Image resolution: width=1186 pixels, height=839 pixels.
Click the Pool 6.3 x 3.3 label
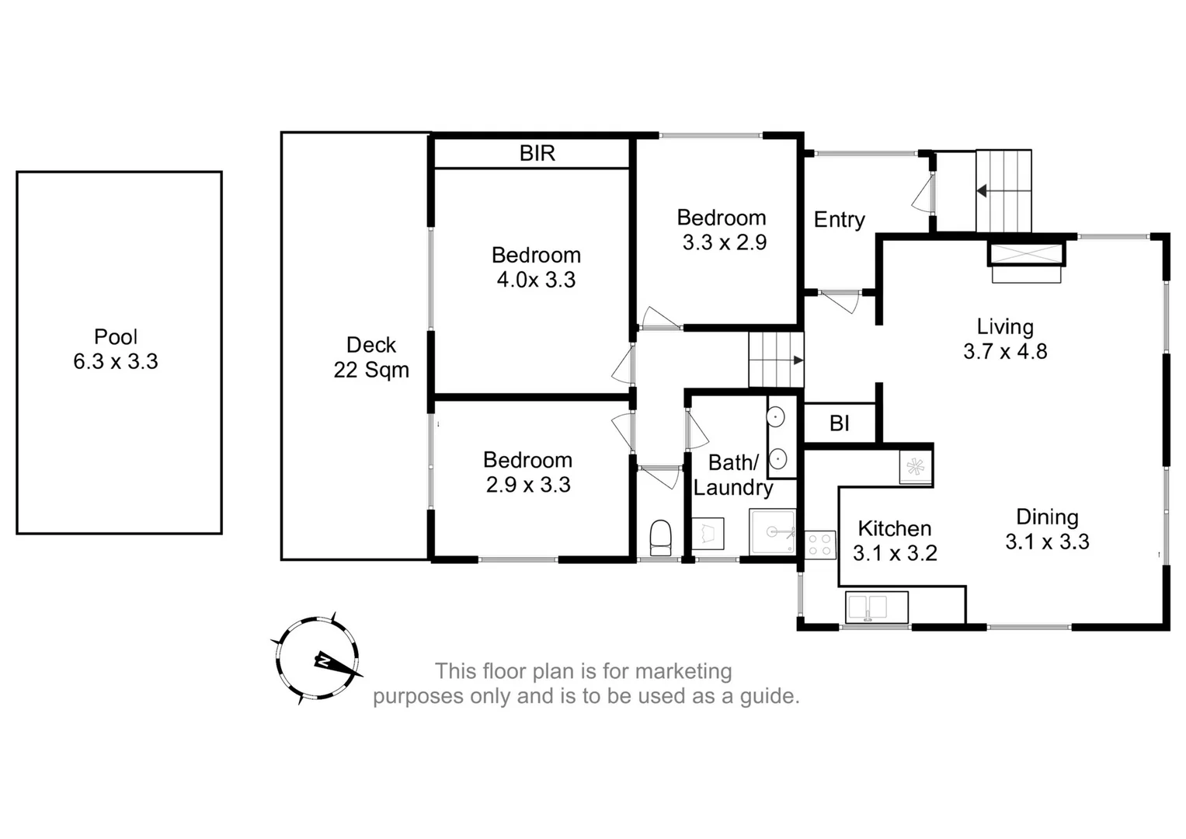point(116,349)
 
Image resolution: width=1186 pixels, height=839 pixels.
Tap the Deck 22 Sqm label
point(371,357)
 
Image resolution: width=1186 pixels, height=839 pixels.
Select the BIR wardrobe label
point(537,153)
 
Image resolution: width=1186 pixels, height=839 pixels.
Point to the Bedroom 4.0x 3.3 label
point(536,267)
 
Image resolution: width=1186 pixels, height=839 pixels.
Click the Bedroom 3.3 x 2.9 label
point(722,230)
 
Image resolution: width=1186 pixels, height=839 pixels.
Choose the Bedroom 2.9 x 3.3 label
point(528,472)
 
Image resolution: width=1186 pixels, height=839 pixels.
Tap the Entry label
point(839,220)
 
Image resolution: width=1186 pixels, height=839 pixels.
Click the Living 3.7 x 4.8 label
point(1005,339)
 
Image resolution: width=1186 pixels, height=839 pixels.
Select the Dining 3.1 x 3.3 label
point(1047,529)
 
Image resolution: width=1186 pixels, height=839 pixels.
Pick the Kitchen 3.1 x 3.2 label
point(895,541)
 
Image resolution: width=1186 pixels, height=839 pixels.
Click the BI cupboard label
point(839,423)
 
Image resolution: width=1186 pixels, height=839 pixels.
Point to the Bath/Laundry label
point(732,475)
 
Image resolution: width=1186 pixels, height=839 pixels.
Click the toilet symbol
point(660,538)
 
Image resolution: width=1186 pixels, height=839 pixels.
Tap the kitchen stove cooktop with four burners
point(819,544)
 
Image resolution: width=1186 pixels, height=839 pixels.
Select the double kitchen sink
point(877,607)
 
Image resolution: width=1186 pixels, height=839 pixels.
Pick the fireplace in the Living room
point(1025,263)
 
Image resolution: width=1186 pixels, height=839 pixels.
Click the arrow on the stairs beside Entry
point(983,190)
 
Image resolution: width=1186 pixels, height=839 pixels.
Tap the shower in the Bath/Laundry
point(772,531)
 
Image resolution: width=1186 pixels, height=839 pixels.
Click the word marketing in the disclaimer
point(683,670)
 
